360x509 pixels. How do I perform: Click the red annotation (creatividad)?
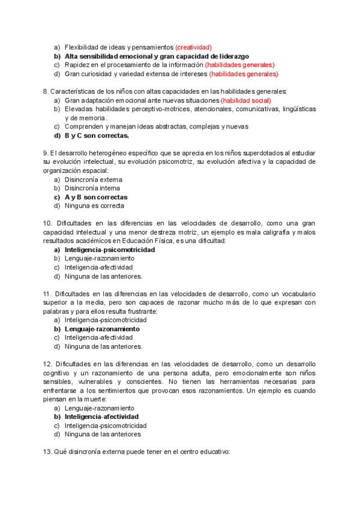[x=193, y=47]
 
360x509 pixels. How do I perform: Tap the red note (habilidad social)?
[x=245, y=100]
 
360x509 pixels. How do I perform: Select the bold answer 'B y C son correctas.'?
[x=97, y=136]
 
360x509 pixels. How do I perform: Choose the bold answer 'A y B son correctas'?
[x=96, y=197]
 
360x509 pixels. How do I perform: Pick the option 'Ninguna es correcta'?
[x=94, y=206]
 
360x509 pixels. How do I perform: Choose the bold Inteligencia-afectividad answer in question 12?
[x=101, y=417]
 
